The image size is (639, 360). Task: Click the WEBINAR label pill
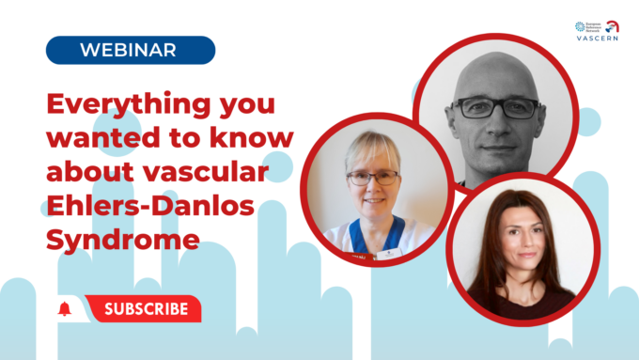click(131, 50)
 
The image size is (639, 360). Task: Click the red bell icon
click(65, 308)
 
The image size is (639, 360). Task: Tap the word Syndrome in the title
click(122, 239)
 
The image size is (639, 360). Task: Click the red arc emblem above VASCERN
click(612, 26)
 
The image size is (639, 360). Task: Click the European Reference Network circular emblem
click(581, 27)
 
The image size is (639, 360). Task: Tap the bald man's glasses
click(493, 107)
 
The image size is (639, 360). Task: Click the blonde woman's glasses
click(372, 177)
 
